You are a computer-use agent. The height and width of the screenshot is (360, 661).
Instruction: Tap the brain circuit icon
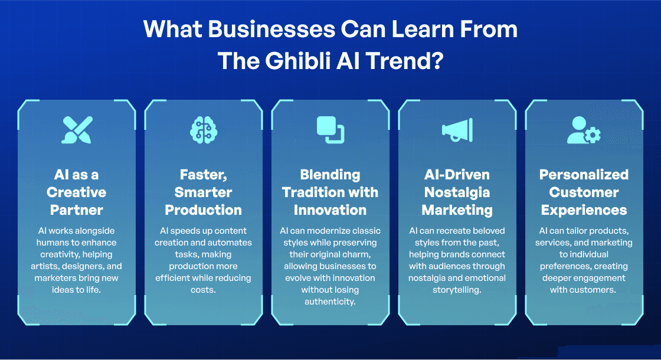tap(204, 130)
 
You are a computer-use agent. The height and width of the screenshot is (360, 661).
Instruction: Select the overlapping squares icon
tap(330, 130)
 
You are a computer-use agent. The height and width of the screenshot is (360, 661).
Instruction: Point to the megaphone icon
tap(457, 130)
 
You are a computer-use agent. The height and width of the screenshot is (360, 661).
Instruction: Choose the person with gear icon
tap(584, 130)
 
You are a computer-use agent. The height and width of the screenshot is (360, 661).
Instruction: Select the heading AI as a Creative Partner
tap(77, 192)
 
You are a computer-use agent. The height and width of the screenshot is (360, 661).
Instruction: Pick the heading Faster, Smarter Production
tap(204, 192)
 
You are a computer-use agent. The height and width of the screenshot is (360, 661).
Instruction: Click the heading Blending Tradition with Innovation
tap(330, 192)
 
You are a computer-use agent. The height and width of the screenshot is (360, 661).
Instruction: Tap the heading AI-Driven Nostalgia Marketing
tap(457, 192)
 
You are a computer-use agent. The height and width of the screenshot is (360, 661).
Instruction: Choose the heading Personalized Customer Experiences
tap(584, 192)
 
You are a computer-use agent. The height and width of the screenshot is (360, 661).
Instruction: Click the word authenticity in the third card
tap(330, 301)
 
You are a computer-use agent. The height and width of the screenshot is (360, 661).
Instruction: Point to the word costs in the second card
tap(204, 289)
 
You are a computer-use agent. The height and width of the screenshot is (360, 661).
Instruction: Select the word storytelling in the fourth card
tap(457, 289)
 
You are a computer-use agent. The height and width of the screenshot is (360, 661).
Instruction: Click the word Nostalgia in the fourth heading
tap(457, 192)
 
